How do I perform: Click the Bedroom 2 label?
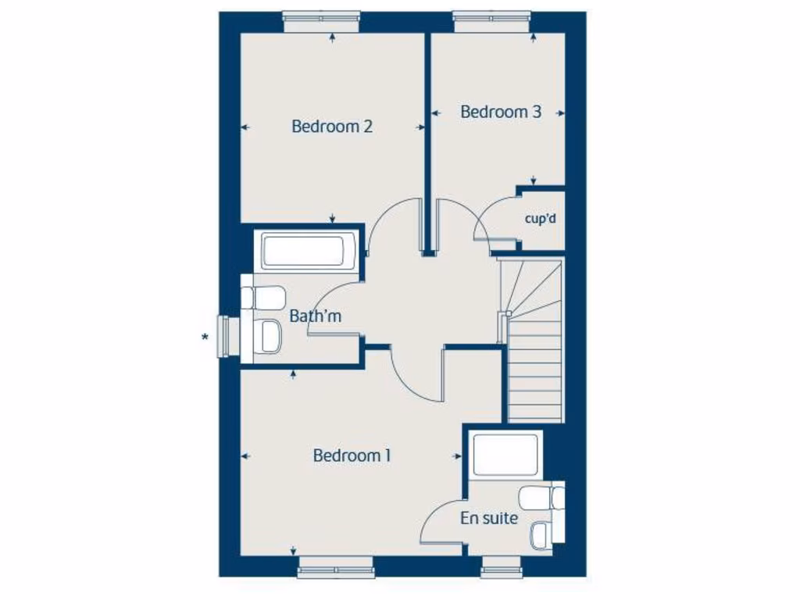click(331, 126)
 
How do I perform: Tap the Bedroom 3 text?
click(500, 112)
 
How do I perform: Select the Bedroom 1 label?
click(352, 455)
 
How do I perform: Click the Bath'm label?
click(315, 316)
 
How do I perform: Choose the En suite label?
click(489, 517)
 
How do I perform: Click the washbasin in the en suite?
click(540, 535)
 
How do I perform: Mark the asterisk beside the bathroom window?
click(205, 337)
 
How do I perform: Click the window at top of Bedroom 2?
click(321, 22)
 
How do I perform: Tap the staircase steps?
click(534, 367)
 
